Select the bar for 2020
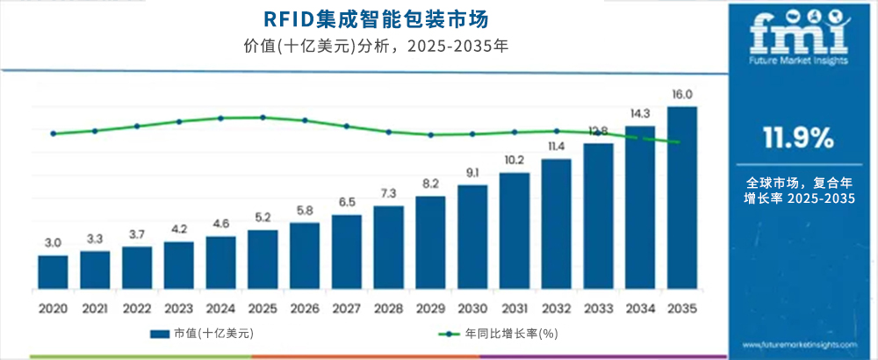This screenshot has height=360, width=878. tap(53, 272)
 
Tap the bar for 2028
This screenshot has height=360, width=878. tap(388, 248)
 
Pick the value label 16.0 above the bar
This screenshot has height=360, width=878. tap(683, 95)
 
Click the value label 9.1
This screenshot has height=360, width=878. tap(472, 172)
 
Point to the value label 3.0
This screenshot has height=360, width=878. tap(53, 242)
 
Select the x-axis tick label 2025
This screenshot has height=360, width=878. tap(263, 308)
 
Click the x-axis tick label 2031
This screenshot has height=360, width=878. tap(515, 308)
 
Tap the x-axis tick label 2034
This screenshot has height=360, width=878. tap(640, 308)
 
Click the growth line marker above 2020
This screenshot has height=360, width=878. tap(53, 133)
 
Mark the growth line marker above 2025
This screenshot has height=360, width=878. tap(263, 117)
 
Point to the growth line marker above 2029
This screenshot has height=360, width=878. tap(430, 134)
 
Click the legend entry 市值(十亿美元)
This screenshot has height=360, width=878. tap(201, 334)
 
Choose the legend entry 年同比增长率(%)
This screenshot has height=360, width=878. tap(500, 334)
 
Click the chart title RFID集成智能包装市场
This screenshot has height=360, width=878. tap(363, 18)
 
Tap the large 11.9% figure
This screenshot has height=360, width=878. tap(798, 138)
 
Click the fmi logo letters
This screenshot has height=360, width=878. tap(798, 31)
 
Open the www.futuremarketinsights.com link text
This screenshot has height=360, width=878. tap(798, 345)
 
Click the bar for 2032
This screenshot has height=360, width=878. tap(556, 224)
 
